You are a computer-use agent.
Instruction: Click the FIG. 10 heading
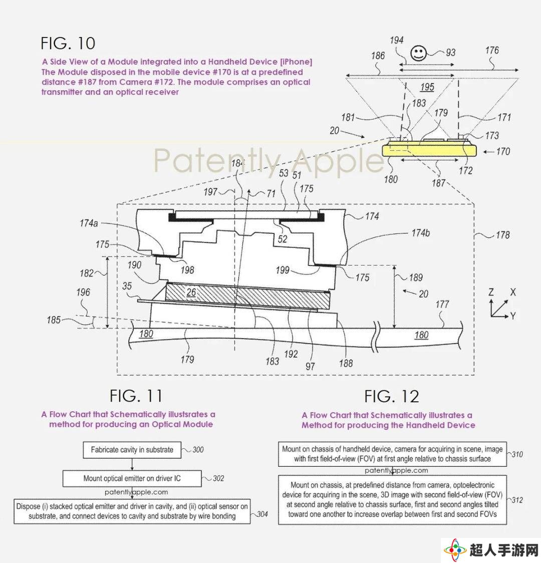coord(68,44)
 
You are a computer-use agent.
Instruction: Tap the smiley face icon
coord(418,54)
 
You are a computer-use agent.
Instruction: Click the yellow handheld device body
coord(429,149)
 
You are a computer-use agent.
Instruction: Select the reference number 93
coord(450,53)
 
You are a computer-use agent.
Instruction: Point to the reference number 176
coord(492,50)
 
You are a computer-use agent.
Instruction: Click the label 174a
coord(89,223)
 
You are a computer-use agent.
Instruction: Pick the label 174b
coord(420,233)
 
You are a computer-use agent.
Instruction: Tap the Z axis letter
coord(491,292)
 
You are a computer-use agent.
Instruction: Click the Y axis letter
coord(513,316)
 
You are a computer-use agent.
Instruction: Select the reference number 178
coord(502,235)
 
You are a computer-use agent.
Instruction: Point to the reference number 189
coord(416,277)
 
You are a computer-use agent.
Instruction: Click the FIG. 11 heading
coord(136,396)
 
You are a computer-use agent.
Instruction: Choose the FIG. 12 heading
coord(392,396)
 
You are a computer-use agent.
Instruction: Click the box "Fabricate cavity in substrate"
coord(132,450)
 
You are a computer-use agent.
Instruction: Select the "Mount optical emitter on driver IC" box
coord(132,479)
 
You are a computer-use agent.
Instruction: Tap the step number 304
coord(262,514)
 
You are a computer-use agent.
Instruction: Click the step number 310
coord(517,454)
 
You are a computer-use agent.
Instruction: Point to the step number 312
coord(517,500)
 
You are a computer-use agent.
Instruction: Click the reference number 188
coord(346,363)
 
